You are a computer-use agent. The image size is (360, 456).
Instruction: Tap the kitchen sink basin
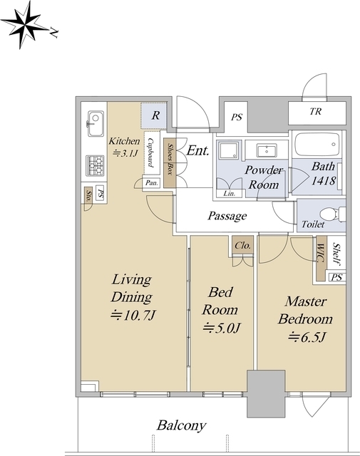coord(96,123)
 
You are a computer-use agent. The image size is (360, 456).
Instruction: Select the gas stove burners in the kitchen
coord(95,165)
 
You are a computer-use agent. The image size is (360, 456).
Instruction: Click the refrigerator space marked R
coord(154,115)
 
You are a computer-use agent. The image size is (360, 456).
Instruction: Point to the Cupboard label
coord(151,152)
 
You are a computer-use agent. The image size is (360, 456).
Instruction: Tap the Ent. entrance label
coord(198,150)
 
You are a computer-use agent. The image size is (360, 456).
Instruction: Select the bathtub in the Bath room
coord(317,145)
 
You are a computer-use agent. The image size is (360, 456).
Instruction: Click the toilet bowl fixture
coord(333,214)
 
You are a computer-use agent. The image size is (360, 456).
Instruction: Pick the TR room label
coord(316,111)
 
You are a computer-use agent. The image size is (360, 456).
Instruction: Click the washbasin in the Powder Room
coord(267,150)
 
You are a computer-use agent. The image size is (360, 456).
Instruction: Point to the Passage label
coord(227,216)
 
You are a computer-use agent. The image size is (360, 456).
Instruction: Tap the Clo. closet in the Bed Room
coord(242,246)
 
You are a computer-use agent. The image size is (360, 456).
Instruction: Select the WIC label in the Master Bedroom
coord(320,254)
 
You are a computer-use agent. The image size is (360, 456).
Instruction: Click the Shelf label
coord(336,254)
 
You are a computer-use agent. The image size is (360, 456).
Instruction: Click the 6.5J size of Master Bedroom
coord(307,337)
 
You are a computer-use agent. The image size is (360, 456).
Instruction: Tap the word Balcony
coord(181,425)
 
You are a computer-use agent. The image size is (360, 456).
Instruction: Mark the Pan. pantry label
coord(152,183)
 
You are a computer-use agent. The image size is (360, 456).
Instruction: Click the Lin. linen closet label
coord(230,193)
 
